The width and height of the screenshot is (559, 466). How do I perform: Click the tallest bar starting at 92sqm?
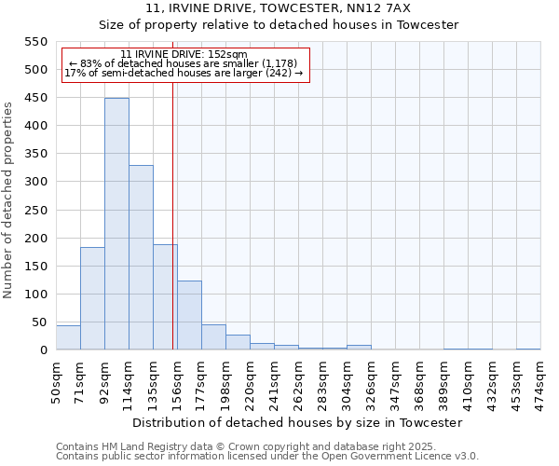116,224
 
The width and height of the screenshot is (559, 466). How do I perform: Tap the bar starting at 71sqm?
92,298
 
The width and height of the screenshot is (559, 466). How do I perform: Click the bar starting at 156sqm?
189,315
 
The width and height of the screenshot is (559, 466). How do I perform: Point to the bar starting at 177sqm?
213,337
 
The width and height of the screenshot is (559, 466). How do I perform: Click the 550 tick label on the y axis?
35,42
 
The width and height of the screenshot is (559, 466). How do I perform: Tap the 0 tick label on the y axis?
43,350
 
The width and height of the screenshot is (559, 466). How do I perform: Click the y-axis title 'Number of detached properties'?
9,199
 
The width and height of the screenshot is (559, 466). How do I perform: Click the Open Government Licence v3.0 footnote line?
267,457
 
